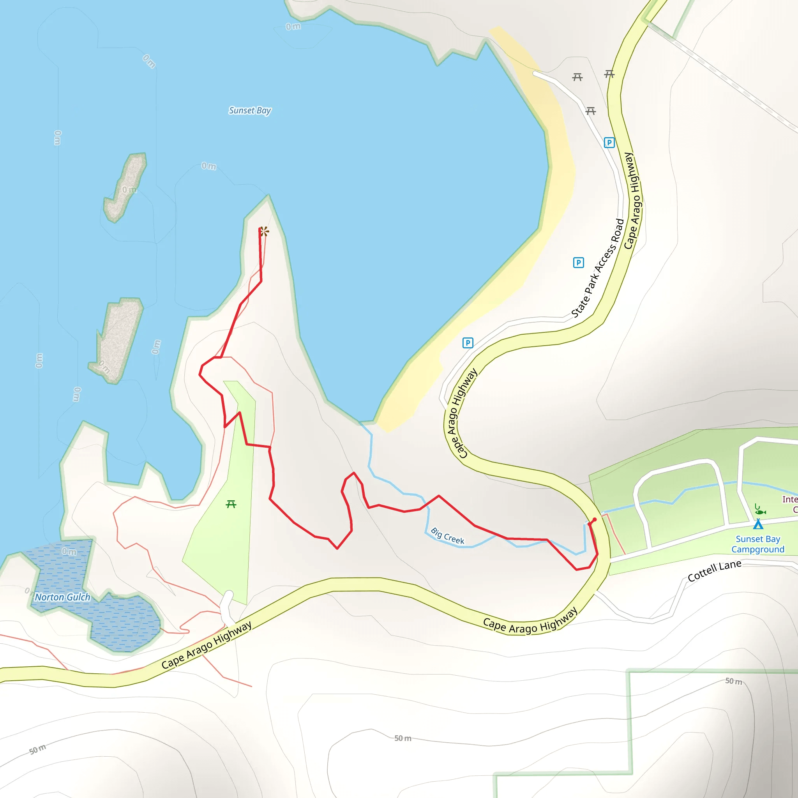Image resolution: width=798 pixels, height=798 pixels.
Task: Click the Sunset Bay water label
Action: click(250, 111)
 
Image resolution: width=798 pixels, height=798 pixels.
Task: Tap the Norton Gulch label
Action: click(62, 597)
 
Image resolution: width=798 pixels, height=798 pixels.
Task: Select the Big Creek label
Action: click(447, 536)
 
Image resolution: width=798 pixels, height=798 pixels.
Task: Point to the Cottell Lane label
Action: click(714, 570)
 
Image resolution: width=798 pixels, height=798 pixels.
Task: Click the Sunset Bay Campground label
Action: click(757, 544)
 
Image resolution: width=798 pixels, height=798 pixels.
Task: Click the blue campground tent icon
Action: click(758, 524)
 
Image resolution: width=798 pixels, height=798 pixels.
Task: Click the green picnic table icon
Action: click(231, 504)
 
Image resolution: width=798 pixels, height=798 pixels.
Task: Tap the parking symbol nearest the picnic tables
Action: click(609, 143)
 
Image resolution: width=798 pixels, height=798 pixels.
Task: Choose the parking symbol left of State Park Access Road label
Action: click(578, 263)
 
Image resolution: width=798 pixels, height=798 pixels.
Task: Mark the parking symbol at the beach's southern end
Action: click(468, 343)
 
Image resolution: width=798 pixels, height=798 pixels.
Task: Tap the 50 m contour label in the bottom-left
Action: click(37, 749)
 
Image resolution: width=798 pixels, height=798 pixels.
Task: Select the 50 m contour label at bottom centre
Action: click(403, 738)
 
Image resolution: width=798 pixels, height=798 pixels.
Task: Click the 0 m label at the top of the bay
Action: click(293, 27)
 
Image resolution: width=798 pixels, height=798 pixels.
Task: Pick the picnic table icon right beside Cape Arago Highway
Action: click(609, 74)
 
